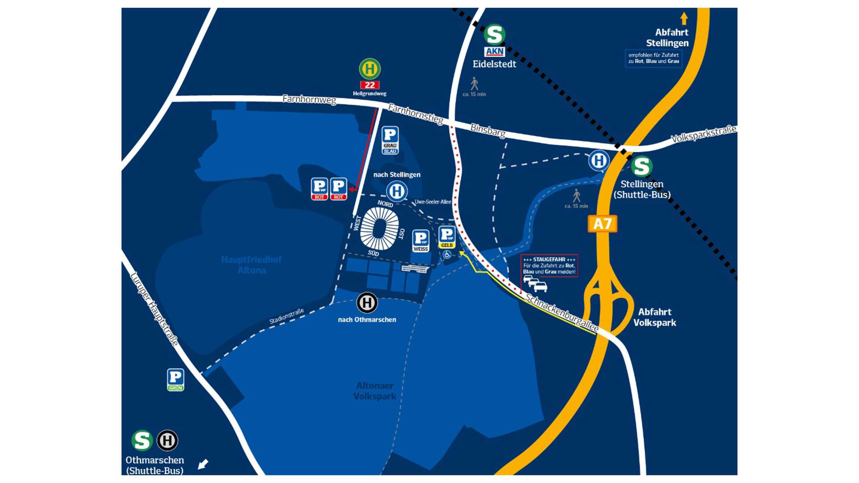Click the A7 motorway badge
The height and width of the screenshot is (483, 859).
pos(602,224)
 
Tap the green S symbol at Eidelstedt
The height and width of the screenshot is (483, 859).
pos(494,34)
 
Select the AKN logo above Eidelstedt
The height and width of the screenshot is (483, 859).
pos(494,51)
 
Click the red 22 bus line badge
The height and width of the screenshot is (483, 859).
pos(370,85)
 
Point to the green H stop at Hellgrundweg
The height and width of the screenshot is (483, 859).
pos(370,69)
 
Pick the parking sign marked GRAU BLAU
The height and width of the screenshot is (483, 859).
pos(390,140)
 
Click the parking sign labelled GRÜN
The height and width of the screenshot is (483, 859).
pos(175,380)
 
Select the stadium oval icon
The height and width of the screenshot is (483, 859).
pos(379,229)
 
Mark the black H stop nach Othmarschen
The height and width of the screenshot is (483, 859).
pos(367,303)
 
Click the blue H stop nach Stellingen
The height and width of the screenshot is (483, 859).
pos(397,191)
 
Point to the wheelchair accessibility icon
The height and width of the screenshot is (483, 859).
pos(447,255)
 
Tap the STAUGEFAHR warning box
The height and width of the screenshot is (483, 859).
pos(549,266)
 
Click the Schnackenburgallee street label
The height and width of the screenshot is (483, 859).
pos(562,313)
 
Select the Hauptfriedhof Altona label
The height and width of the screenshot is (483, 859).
pos(251,265)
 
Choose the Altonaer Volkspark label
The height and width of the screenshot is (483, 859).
pos(375,391)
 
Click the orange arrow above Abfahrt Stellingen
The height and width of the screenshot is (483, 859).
pos(684,18)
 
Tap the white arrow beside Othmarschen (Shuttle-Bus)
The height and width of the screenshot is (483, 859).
pos(203,464)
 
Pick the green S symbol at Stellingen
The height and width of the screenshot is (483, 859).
pos(642,166)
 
